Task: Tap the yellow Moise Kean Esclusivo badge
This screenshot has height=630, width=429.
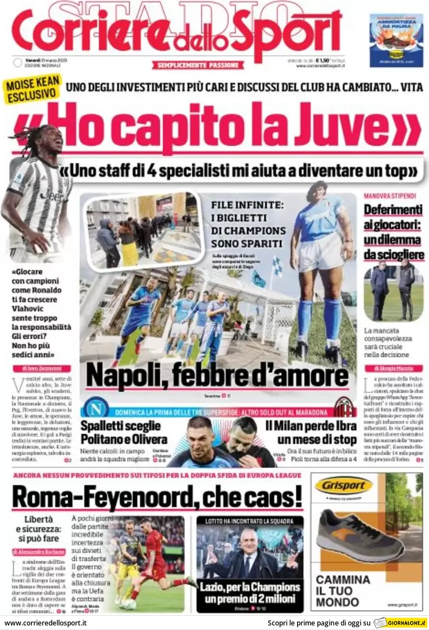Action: tap(33, 90)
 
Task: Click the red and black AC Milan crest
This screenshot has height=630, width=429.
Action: tap(344, 408)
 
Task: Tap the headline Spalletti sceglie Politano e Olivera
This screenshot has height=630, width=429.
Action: tap(121, 432)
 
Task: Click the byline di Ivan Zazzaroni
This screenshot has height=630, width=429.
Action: tap(42, 368)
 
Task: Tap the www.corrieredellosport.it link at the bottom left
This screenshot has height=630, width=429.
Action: tap(46, 623)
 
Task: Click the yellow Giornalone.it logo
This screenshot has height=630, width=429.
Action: tap(399, 623)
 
